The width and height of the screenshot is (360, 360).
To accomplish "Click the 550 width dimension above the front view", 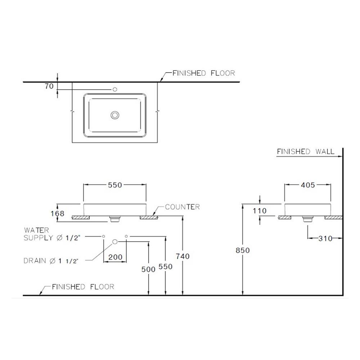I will tap(115, 185).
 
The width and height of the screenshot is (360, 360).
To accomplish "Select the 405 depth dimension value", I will tap(307, 185).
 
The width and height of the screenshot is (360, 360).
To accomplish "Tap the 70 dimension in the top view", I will tap(50, 86).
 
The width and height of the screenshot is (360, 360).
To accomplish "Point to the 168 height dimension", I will tap(58, 213).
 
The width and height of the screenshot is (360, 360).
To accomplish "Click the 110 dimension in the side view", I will tap(260, 211).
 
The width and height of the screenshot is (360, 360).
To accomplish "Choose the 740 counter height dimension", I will tap(183, 256).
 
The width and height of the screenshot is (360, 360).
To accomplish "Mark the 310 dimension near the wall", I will tap(325, 238).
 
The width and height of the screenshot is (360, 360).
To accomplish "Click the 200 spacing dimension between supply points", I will tap(115, 257).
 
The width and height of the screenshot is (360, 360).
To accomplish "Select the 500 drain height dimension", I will tap(148, 269).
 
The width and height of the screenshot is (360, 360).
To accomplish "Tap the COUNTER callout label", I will tap(182, 207).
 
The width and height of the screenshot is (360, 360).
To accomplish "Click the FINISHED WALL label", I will tap(305, 152).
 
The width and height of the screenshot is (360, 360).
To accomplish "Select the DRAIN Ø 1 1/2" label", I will tap(51, 261).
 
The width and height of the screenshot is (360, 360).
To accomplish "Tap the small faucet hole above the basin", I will tap(115, 89).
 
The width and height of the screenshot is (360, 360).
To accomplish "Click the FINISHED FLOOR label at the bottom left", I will tap(83, 287).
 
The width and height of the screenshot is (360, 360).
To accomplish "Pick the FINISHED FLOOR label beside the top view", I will tap(203, 73).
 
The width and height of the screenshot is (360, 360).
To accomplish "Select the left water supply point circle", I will tap(103, 236).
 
